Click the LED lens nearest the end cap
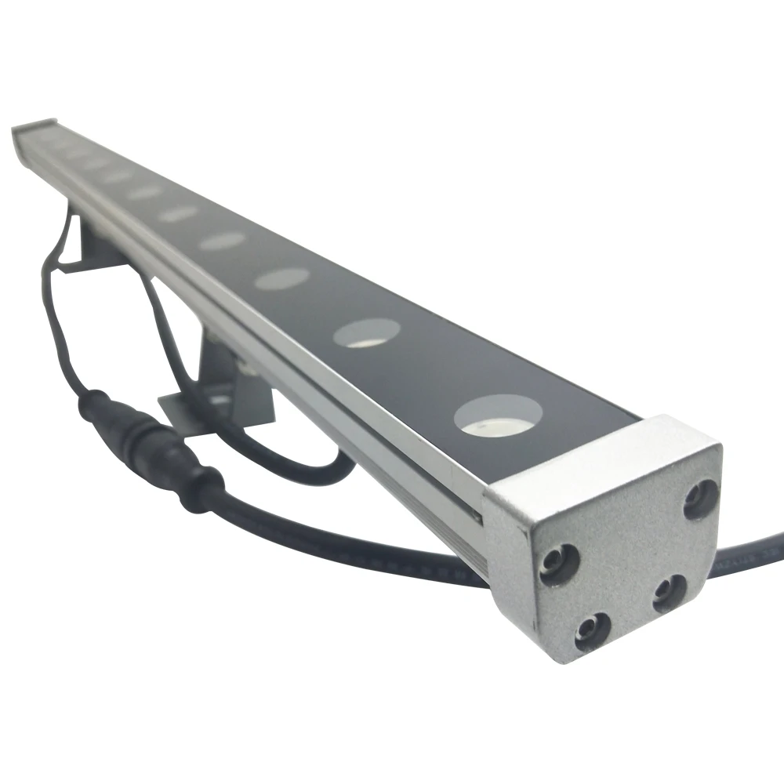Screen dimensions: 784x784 pyautogui.click(x=497, y=416)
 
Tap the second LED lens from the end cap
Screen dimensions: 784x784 pyautogui.click(x=366, y=332)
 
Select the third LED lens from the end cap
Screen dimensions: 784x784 pyautogui.click(x=282, y=278)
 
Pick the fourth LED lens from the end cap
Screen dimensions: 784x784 pyautogui.click(x=223, y=241)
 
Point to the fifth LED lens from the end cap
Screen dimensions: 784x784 pyautogui.click(x=179, y=213)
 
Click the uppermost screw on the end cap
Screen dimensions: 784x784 pyautogui.click(x=700, y=499)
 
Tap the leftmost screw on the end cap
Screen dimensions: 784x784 pyautogui.click(x=559, y=563)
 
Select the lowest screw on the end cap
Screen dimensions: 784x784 pyautogui.click(x=591, y=630)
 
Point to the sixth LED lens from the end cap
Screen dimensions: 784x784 pyautogui.click(x=145, y=192)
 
